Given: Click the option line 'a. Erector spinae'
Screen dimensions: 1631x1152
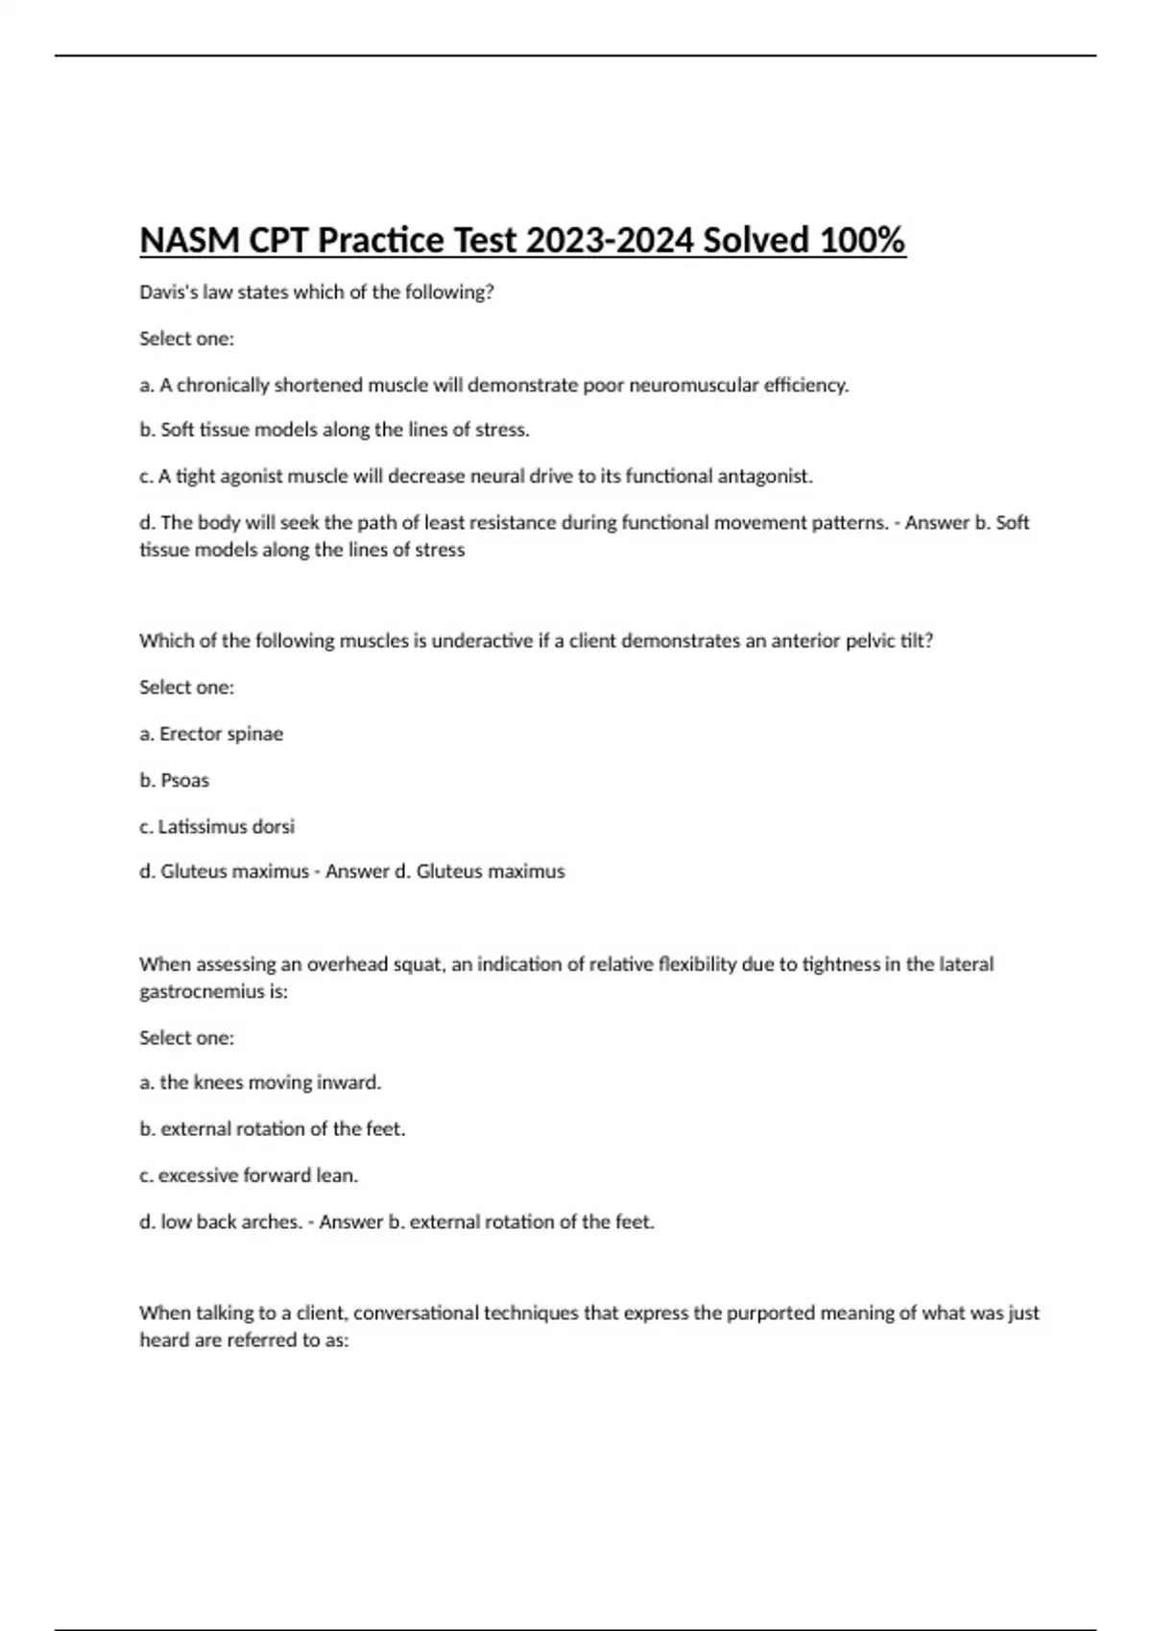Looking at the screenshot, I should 211,734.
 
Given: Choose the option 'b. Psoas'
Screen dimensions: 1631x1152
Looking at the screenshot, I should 174,781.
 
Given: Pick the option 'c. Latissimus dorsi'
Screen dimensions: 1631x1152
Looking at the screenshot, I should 217,827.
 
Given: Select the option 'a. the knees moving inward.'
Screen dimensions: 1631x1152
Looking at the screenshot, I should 260,1083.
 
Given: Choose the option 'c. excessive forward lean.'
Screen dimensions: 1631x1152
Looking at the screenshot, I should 249,1176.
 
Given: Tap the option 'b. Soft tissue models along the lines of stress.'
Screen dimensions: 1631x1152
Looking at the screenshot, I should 334,431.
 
